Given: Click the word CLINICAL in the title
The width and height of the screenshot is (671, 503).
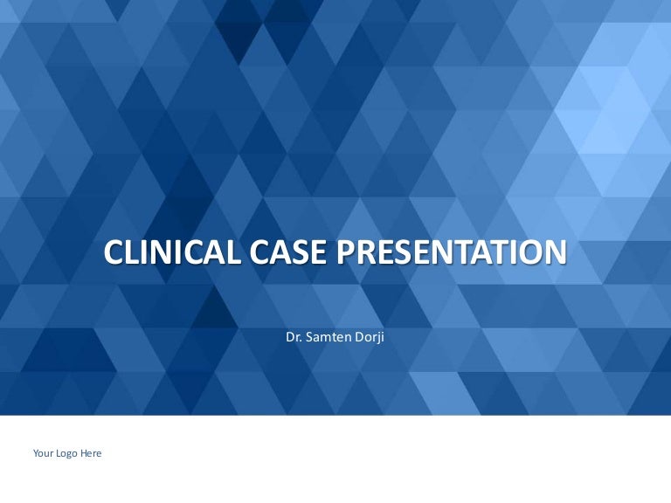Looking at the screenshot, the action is tap(172, 251).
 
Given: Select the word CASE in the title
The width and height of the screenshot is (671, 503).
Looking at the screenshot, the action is tap(288, 251).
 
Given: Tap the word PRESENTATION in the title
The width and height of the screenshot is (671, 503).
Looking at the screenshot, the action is tap(452, 251).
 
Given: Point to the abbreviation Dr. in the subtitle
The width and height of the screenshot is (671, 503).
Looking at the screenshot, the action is tap(294, 337).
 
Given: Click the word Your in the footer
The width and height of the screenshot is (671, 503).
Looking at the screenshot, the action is tap(42, 453).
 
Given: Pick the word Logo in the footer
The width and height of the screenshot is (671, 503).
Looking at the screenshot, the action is tap(66, 454).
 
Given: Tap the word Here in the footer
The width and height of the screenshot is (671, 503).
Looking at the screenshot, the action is tap(91, 453).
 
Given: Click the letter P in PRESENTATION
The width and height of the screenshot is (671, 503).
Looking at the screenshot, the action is tap(346, 251).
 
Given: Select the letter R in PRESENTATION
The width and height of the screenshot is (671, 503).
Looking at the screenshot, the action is tap(366, 251).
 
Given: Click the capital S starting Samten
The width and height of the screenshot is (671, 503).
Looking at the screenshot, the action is tap(310, 337).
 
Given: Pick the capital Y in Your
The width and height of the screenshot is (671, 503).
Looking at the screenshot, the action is tap(37, 453).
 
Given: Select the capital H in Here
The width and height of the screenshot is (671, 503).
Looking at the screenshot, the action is tap(84, 453).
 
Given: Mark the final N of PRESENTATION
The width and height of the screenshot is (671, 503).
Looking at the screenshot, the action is tap(557, 251).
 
